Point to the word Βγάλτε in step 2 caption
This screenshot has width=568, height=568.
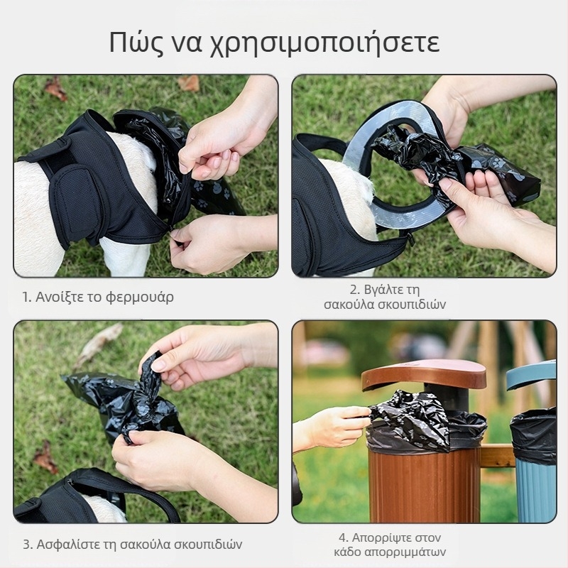pyautogui.click(x=383, y=290)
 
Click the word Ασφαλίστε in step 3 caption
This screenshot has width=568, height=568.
pyautogui.click(x=68, y=545)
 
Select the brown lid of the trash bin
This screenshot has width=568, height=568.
pyautogui.click(x=424, y=374)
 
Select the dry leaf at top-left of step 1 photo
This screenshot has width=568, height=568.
pyautogui.click(x=55, y=88)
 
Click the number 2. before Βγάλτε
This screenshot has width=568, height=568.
pyautogui.click(x=356, y=290)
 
